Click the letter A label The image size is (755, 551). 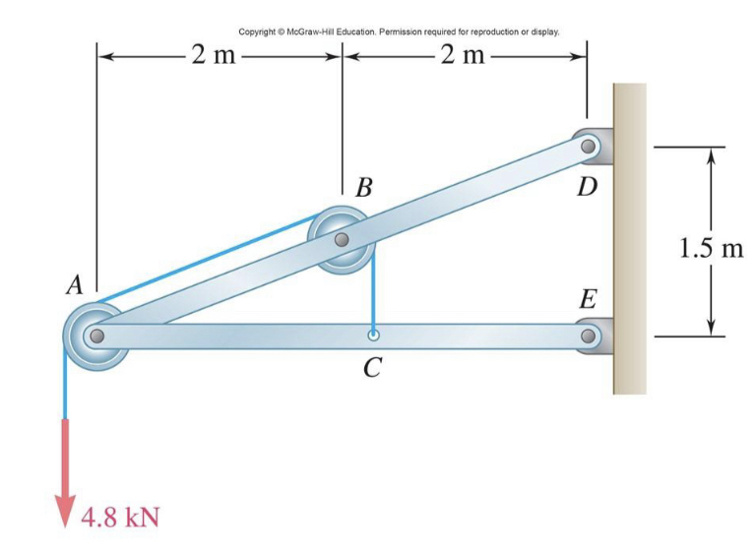(x=73, y=285)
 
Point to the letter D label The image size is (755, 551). (x=588, y=185)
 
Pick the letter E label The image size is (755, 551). (x=588, y=299)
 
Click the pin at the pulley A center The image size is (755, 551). (x=95, y=336)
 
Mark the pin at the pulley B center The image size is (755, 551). (x=341, y=239)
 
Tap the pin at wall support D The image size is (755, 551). (x=588, y=147)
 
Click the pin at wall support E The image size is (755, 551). (x=588, y=336)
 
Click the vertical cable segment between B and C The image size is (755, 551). (x=374, y=295)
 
